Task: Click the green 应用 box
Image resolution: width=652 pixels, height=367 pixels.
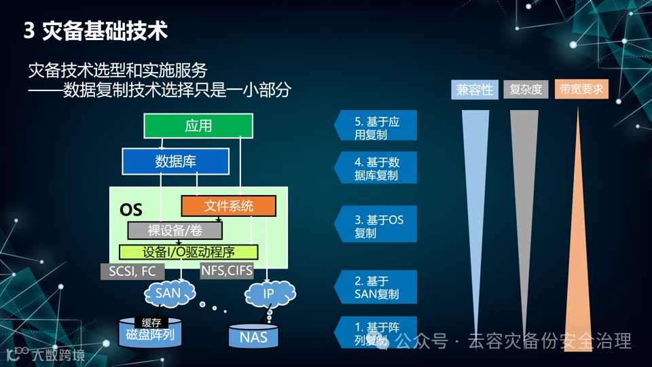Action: click(x=198, y=126)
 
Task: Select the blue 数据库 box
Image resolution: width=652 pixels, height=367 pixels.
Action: click(x=175, y=162)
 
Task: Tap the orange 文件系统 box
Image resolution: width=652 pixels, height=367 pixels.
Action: click(x=228, y=206)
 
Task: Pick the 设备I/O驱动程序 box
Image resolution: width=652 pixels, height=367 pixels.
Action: click(x=189, y=252)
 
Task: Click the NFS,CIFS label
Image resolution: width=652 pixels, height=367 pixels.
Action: click(x=227, y=271)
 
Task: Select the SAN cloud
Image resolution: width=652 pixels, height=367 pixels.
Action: click(x=168, y=294)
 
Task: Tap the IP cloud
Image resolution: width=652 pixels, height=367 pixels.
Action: click(x=268, y=294)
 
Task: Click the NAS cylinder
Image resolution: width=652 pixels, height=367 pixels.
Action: click(x=253, y=336)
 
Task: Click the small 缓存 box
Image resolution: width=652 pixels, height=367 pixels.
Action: click(x=151, y=322)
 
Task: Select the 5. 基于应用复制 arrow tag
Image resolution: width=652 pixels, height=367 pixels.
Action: click(x=376, y=128)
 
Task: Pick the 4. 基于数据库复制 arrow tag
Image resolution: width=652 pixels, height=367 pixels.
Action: click(x=376, y=169)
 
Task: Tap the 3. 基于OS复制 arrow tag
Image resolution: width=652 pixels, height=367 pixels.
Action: click(x=376, y=226)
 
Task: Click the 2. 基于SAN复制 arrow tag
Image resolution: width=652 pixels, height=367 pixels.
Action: click(x=376, y=287)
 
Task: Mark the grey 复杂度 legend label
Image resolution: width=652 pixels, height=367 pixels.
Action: click(x=526, y=89)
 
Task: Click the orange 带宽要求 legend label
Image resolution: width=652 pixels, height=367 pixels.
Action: click(x=581, y=89)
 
